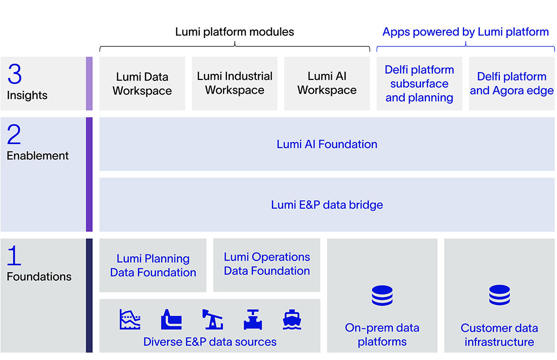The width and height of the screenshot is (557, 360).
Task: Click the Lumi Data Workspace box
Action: point(142,83)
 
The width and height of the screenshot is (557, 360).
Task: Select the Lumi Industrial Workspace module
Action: point(235,83)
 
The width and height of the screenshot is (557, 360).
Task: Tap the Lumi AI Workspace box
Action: point(327,83)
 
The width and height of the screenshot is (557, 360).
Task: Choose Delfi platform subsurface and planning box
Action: point(419,83)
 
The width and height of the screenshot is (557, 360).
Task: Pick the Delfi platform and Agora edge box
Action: point(511,83)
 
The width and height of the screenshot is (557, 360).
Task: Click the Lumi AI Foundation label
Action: point(327,144)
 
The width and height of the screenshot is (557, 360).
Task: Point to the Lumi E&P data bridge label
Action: point(327,205)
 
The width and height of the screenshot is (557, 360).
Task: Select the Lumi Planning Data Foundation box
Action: point(153,265)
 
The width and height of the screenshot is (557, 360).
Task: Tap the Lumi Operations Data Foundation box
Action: point(267,264)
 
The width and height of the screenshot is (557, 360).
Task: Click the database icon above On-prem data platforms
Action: point(382,296)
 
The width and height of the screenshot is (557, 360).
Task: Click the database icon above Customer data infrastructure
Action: point(499,296)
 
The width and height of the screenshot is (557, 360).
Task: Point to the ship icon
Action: point(292,320)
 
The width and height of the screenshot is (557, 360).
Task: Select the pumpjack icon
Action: point(212,320)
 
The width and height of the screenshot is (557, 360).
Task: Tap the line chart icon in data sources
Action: point(130,320)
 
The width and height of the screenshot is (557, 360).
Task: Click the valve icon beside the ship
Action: point(253,320)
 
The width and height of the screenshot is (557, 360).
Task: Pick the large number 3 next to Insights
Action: point(15,74)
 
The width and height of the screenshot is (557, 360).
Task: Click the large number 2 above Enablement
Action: point(14,135)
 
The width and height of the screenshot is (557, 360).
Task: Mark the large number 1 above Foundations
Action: point(14,256)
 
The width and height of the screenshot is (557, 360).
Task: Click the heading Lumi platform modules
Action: point(235,32)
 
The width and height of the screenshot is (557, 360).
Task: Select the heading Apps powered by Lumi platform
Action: point(465,32)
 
